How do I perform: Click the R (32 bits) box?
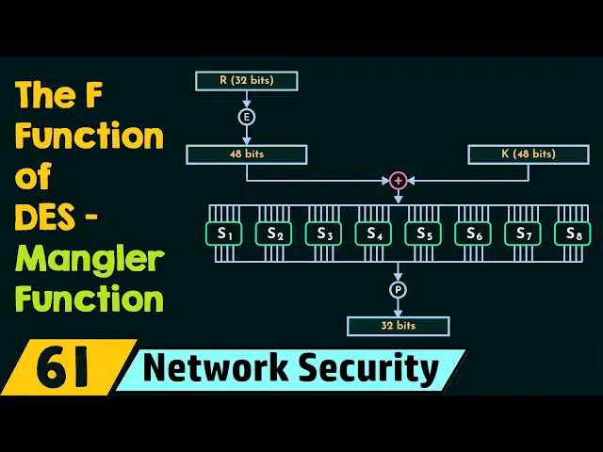[x=246, y=81]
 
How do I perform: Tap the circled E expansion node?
[x=246, y=117]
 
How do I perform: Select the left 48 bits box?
[x=246, y=153]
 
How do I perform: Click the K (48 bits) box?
[x=528, y=153]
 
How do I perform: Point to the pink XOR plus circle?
[x=398, y=180]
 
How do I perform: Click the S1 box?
[x=223, y=233]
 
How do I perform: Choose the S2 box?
[x=273, y=233]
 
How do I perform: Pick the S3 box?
[x=323, y=233]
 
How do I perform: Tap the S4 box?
[x=373, y=233]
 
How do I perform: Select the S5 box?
[x=423, y=233]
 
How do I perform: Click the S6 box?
[x=473, y=233]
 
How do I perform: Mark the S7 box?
[x=523, y=233]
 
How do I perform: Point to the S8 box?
[x=572, y=233]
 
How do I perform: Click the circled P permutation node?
[x=398, y=289]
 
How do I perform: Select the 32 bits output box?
[x=398, y=326]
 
